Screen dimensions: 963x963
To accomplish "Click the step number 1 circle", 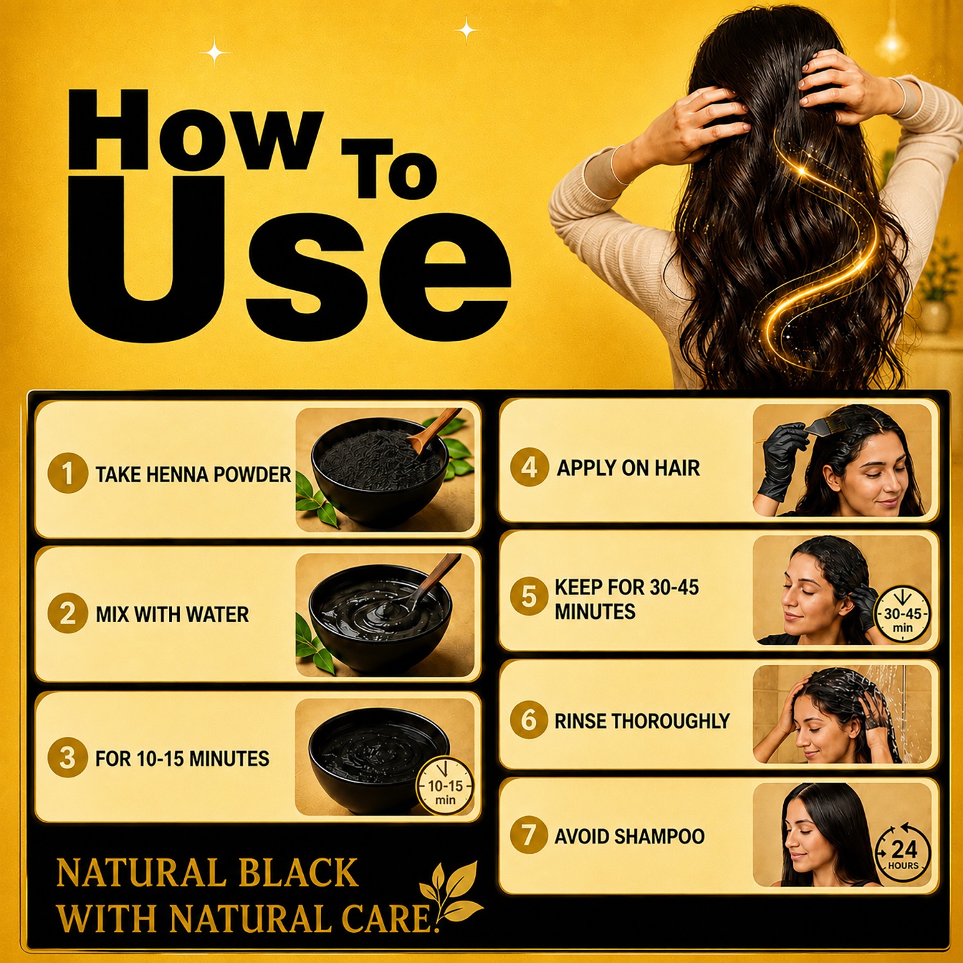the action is (x=67, y=473).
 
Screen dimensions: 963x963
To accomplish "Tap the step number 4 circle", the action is (x=530, y=467).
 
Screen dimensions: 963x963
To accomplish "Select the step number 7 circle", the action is (x=529, y=835).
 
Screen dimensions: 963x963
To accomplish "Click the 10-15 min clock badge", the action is (x=445, y=786).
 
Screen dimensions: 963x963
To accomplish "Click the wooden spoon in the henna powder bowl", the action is (x=434, y=430).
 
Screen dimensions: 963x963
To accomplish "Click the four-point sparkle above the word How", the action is (x=215, y=51).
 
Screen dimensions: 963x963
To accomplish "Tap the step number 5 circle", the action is (x=529, y=596).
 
